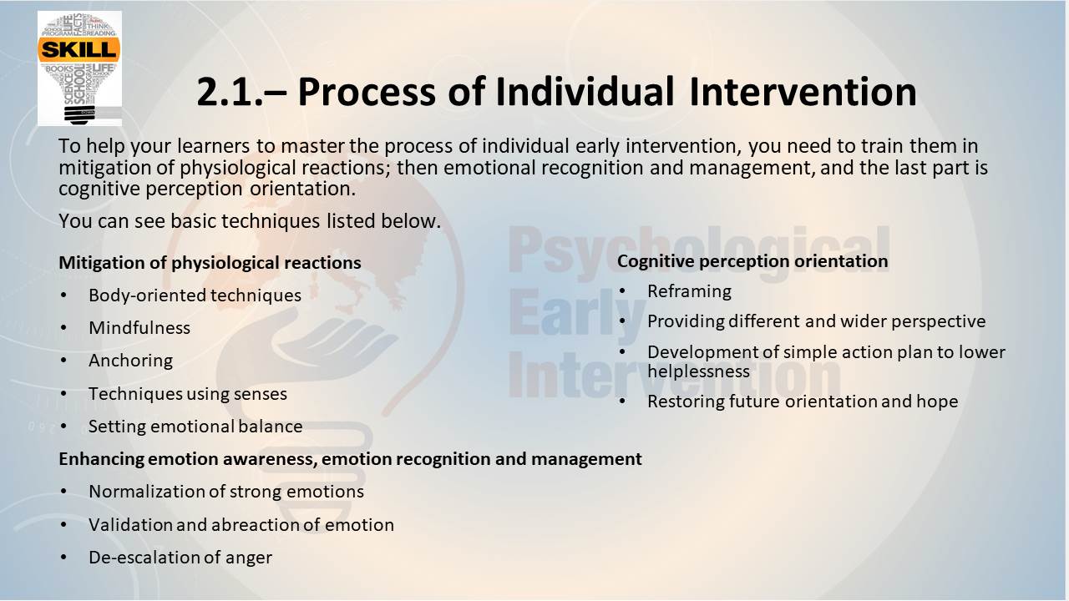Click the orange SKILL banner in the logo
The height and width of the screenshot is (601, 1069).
pyautogui.click(x=79, y=49)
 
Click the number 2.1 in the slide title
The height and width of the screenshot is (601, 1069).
pyautogui.click(x=229, y=92)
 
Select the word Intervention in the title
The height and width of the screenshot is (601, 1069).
pyautogui.click(x=803, y=92)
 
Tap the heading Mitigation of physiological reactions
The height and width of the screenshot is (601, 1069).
pyautogui.click(x=210, y=263)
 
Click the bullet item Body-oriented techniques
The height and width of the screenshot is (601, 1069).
pyautogui.click(x=195, y=295)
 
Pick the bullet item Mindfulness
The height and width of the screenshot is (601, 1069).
pyautogui.click(x=139, y=328)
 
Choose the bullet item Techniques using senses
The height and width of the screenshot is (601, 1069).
pyautogui.click(x=188, y=393)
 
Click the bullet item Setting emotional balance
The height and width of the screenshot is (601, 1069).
pyautogui.click(x=195, y=426)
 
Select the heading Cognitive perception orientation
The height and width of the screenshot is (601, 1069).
pyautogui.click(x=752, y=261)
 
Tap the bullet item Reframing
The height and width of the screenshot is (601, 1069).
pyautogui.click(x=689, y=291)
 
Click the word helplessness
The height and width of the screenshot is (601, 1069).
pyautogui.click(x=699, y=371)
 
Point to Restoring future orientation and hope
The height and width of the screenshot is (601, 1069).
pyautogui.click(x=803, y=402)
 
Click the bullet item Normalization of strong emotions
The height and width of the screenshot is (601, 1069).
pyautogui.click(x=226, y=492)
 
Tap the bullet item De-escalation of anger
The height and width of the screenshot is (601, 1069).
pyautogui.click(x=180, y=557)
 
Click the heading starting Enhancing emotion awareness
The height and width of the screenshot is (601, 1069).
pyautogui.click(x=350, y=459)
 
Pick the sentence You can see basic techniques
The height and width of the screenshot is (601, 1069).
pyautogui.click(x=250, y=221)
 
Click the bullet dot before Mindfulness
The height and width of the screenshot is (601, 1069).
pyautogui.click(x=64, y=328)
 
